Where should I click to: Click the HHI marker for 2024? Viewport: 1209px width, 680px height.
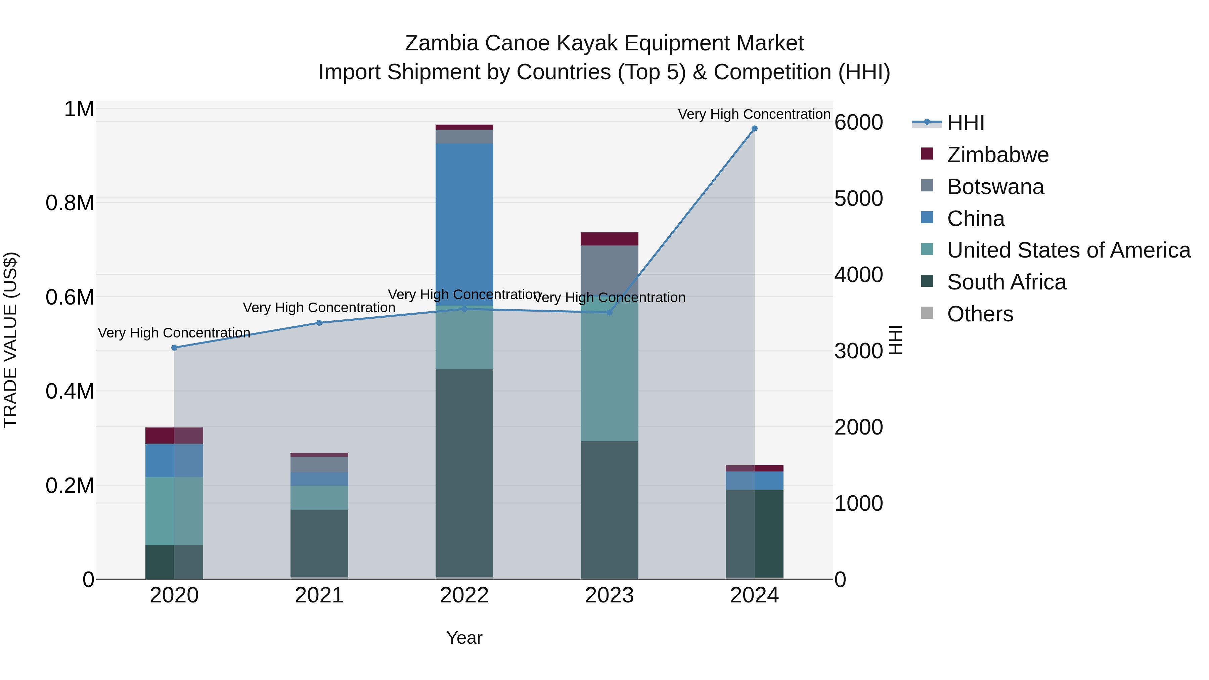[x=754, y=129]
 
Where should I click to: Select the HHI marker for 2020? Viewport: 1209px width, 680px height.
[x=174, y=348]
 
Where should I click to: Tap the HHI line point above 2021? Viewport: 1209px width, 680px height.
[x=319, y=323]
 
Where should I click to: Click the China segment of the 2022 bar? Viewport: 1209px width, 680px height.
[x=464, y=221]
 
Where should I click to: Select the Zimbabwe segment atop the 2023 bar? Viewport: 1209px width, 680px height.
[x=609, y=239]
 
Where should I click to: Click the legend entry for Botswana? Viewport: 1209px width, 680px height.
[x=995, y=187]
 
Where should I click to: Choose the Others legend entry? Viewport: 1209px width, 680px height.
[x=980, y=314]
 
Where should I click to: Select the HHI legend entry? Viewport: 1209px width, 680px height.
[x=966, y=123]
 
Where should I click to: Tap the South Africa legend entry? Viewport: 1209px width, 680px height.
[x=1006, y=282]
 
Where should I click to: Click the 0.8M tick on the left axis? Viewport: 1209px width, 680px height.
[x=70, y=203]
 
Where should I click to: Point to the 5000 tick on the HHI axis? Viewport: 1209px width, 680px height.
[x=858, y=198]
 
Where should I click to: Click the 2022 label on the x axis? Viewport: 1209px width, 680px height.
[x=464, y=595]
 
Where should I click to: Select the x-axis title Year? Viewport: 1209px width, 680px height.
[x=464, y=638]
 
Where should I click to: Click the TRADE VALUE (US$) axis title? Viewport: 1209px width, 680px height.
[x=10, y=340]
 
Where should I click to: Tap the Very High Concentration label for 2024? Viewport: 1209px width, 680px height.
[x=754, y=114]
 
